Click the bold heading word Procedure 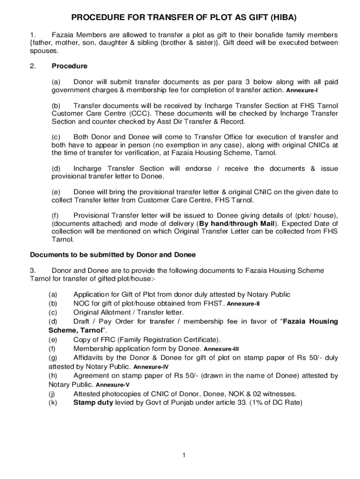coord(69,66)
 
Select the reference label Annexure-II coord(243,304)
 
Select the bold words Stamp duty coord(93,402)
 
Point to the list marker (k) coord(53,402)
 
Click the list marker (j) coord(52,393)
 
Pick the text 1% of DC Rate coord(276,402)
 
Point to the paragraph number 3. coord(32,270)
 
